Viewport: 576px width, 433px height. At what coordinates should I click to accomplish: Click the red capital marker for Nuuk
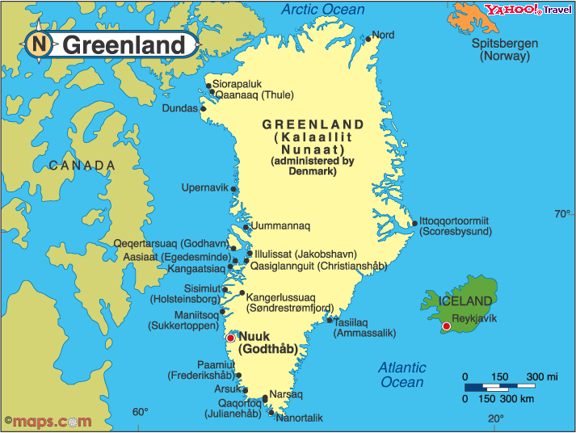click(x=230, y=337)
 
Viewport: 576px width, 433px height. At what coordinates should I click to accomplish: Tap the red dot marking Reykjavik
click(x=446, y=326)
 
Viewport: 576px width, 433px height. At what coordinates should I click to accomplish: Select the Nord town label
click(x=383, y=36)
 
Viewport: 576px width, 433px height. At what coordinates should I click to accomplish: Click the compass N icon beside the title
click(x=38, y=44)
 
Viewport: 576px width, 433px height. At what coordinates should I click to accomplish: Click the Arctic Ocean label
click(x=322, y=10)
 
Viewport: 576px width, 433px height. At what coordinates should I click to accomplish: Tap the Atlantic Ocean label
click(x=402, y=375)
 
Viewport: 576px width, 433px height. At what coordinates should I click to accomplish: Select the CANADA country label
click(x=82, y=166)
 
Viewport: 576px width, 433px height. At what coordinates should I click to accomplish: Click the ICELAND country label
click(x=465, y=301)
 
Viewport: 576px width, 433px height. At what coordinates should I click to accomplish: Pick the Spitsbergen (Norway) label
click(x=505, y=50)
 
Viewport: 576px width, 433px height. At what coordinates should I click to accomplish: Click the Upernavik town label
click(x=204, y=188)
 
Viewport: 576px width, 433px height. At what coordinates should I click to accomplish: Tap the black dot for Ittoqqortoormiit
click(x=414, y=224)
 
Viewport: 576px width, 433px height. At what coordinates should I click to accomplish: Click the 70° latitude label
click(x=561, y=214)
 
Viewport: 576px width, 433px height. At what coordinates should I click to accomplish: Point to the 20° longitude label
click(x=495, y=418)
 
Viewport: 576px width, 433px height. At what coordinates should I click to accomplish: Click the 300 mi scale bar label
click(x=543, y=377)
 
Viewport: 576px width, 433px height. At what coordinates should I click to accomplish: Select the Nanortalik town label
click(x=299, y=418)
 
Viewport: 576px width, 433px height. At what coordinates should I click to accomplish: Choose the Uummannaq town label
click(x=280, y=226)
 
